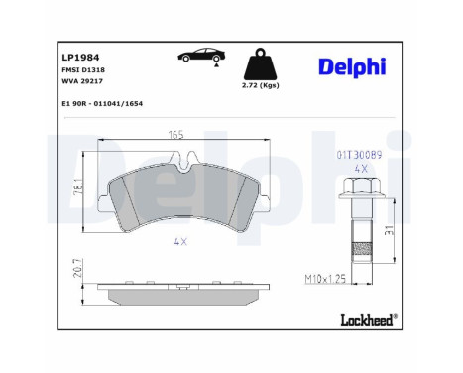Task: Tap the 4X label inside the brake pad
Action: tap(180, 242)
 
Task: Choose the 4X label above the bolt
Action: tap(361, 170)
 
